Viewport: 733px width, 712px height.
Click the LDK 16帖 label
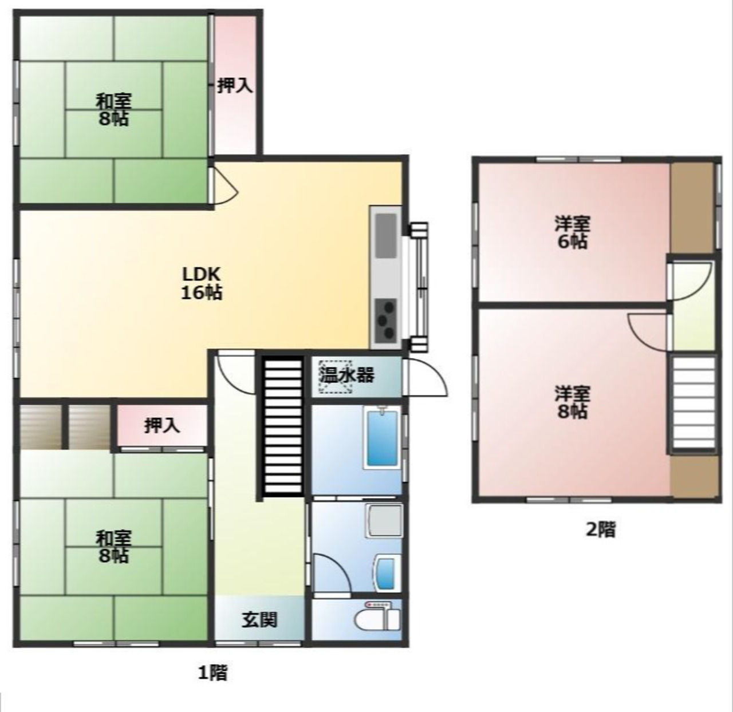click(202, 283)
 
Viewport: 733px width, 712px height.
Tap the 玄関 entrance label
click(259, 620)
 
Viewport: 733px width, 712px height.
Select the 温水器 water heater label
click(347, 375)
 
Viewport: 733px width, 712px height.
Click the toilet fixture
click(378, 616)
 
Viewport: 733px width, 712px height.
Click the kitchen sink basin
click(386, 236)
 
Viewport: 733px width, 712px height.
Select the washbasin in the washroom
click(387, 573)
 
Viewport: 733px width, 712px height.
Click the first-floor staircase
click(283, 426)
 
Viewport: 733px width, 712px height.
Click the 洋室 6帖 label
click(572, 232)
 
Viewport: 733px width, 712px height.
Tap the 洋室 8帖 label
click(572, 402)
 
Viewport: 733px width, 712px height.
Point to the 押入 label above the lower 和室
click(162, 426)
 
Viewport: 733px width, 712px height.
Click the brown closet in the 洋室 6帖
click(692, 208)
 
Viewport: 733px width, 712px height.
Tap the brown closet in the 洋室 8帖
click(694, 477)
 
